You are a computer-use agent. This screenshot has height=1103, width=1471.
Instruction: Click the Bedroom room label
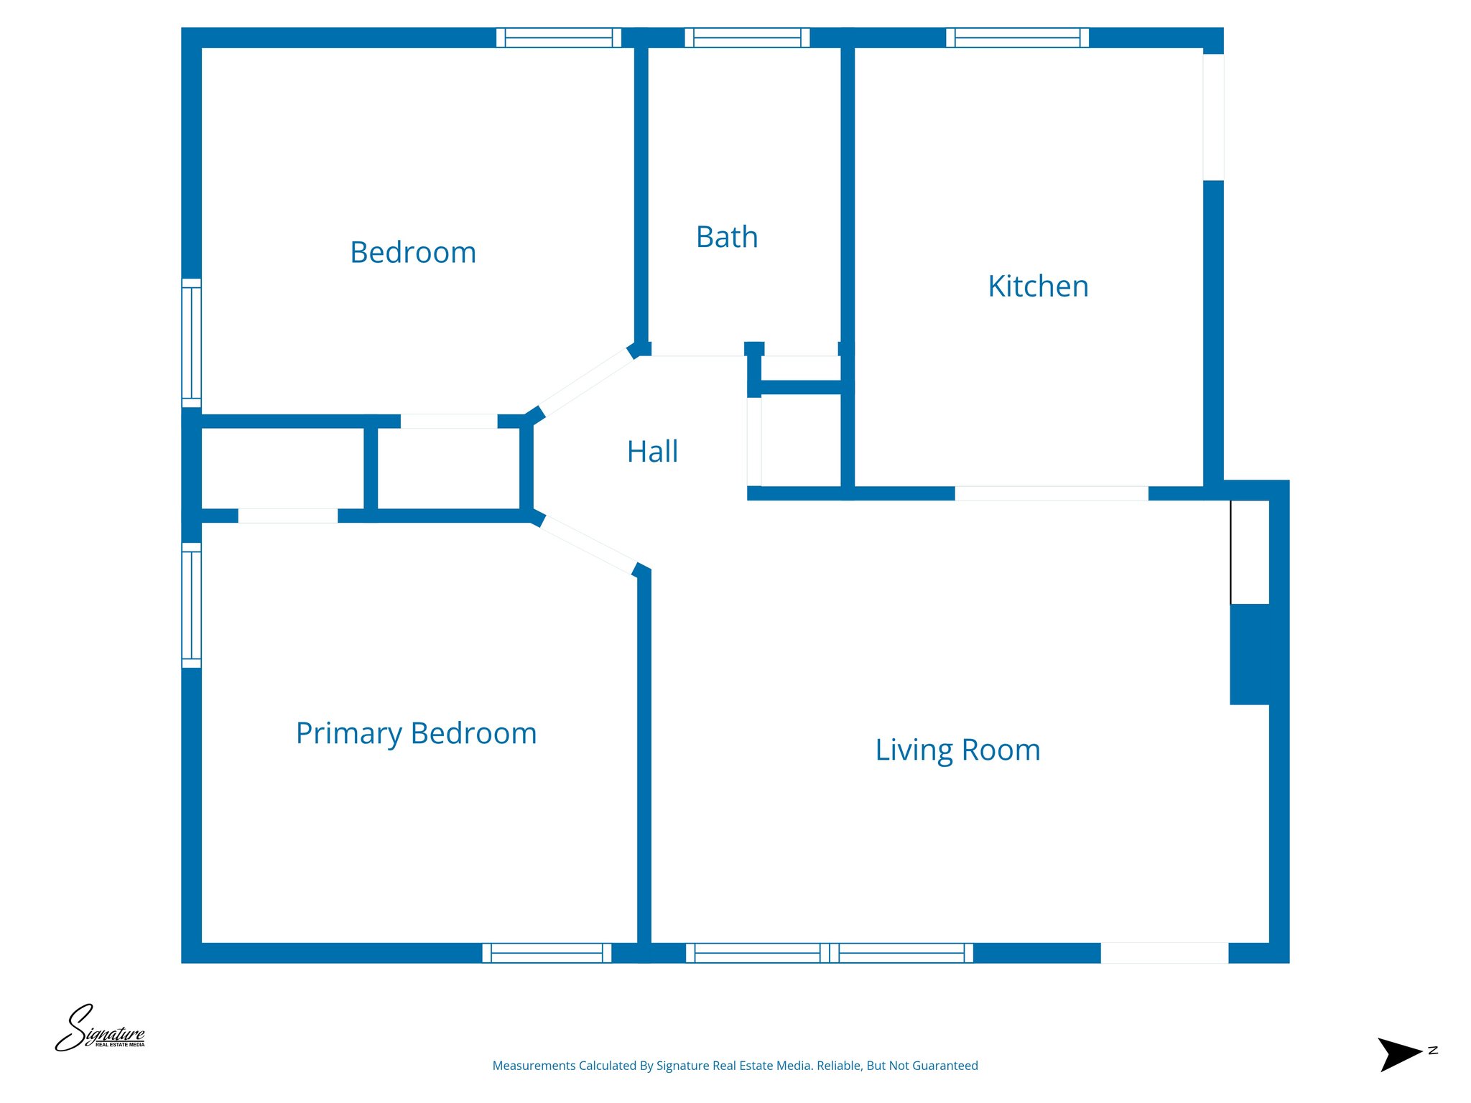click(413, 253)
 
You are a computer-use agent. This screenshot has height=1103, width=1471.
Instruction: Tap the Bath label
click(727, 237)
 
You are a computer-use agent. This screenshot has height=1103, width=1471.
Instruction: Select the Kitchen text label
click(1038, 287)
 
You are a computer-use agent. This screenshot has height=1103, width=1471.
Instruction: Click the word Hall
click(652, 452)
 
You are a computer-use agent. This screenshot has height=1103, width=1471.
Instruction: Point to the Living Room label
click(957, 750)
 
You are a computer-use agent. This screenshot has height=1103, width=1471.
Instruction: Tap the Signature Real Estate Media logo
click(101, 1029)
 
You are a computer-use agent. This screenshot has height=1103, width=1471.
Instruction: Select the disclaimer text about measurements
click(735, 1066)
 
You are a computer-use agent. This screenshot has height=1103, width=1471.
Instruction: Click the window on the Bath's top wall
click(747, 37)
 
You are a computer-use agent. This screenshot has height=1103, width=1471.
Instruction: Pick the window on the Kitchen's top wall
click(1017, 37)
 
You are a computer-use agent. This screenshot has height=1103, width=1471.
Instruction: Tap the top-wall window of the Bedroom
click(558, 37)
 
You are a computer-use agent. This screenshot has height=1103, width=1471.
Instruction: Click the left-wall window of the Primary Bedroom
click(191, 605)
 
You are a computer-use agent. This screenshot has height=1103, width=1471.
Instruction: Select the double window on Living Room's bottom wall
click(830, 953)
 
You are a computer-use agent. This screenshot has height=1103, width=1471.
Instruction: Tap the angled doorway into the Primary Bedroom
click(588, 544)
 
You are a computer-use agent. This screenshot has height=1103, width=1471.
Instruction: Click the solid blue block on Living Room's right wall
click(1250, 654)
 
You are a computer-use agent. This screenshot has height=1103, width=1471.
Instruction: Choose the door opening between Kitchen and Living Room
click(1051, 493)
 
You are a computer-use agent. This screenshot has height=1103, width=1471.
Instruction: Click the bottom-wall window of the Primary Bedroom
click(547, 953)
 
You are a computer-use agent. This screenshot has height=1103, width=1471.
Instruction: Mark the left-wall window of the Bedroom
click(191, 343)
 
